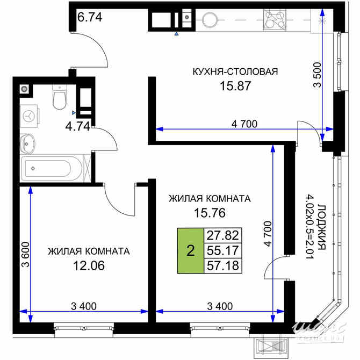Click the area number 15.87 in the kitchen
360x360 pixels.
pos(235,85)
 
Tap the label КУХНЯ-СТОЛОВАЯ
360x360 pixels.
pos(235,70)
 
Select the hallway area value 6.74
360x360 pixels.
pos(90,17)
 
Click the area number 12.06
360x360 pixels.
pos(88,265)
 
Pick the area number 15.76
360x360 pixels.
pos(209,213)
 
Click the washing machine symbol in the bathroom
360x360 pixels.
pos(30,114)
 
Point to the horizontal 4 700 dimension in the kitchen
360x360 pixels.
pos(244,124)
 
